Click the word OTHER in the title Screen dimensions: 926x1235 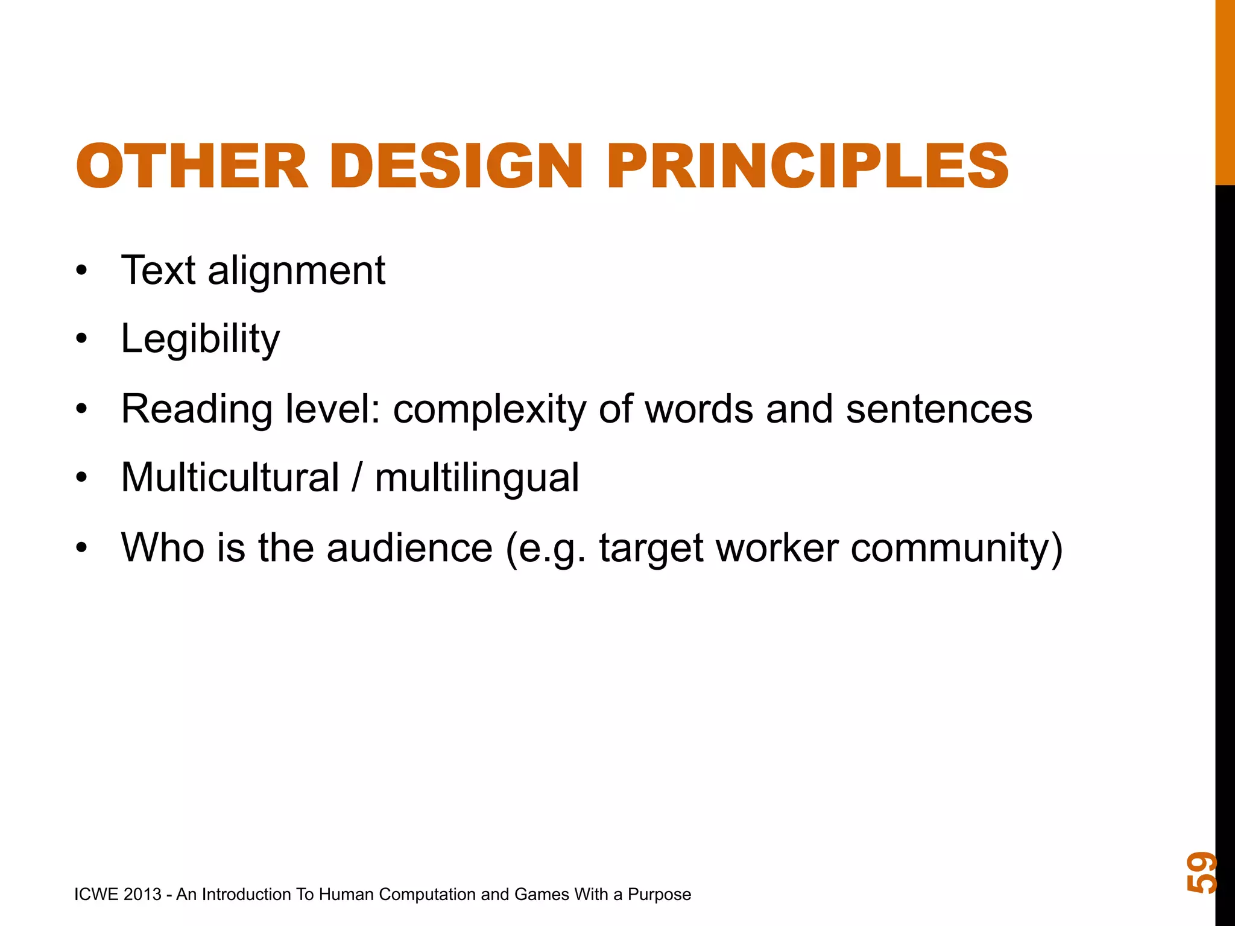pos(192,166)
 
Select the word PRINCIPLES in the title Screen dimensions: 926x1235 pos(807,166)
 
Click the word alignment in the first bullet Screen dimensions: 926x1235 pos(296,271)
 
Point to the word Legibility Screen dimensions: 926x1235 pos(200,339)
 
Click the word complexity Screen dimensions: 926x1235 pos(489,410)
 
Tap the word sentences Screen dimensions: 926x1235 pos(939,410)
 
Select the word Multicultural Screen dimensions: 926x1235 pos(230,478)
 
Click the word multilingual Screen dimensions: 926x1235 pos(476,478)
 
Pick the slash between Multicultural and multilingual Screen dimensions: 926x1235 pos(358,478)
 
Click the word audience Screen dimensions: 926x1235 pos(410,548)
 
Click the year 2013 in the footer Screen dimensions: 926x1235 pos(142,895)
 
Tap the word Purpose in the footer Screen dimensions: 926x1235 pos(659,895)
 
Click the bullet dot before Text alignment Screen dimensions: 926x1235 pos(82,271)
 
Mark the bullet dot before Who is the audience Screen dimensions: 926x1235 pos(82,549)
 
